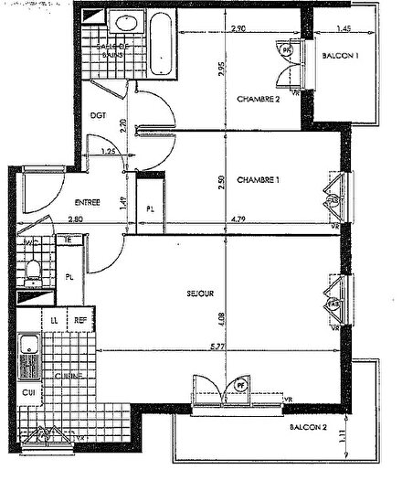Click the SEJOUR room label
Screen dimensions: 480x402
(199, 293)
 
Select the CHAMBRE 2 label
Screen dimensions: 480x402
(258, 99)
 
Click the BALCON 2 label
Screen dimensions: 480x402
(307, 427)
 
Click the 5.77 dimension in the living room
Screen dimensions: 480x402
(217, 346)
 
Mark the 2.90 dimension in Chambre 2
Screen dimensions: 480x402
(238, 29)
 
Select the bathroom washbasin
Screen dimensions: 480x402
(122, 24)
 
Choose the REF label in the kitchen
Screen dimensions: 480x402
(80, 320)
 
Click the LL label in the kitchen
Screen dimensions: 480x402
(56, 320)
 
